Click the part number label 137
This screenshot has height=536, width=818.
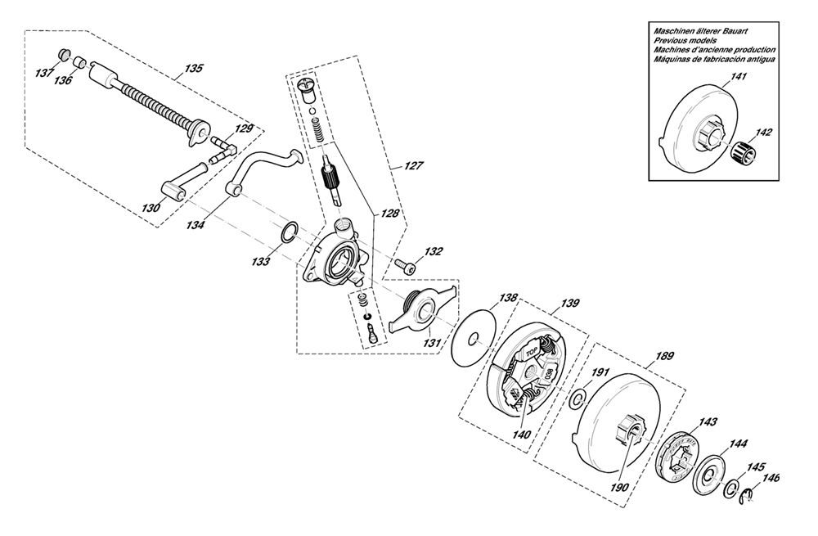pyautogui.click(x=44, y=72)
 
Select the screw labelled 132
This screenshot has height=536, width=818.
pyautogui.click(x=406, y=266)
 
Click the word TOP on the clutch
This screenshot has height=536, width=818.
pyautogui.click(x=531, y=353)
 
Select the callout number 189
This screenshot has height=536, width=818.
pyautogui.click(x=663, y=356)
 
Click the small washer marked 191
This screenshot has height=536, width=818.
pyautogui.click(x=577, y=399)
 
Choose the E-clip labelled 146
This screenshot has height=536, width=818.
pyautogui.click(x=748, y=496)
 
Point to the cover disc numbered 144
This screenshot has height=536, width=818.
pyautogui.click(x=709, y=475)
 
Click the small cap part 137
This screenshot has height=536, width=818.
pyautogui.click(x=64, y=53)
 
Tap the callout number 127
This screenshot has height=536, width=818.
pyautogui.click(x=414, y=166)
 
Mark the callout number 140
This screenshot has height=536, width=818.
pyautogui.click(x=521, y=435)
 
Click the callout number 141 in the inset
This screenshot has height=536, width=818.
pyautogui.click(x=738, y=77)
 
